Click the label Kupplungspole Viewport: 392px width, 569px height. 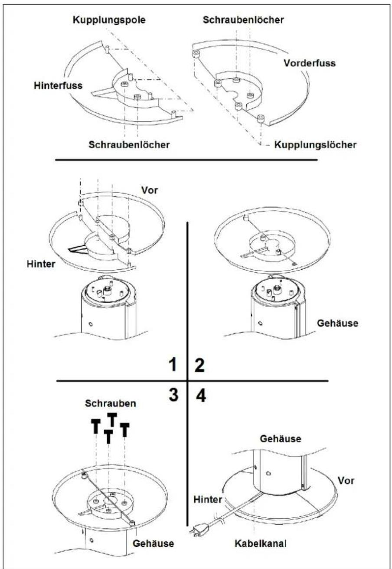(109, 20)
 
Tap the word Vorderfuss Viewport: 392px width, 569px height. (310, 63)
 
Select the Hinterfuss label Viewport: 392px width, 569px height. (58, 85)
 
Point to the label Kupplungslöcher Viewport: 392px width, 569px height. (315, 145)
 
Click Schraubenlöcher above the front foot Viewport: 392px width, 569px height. (243, 20)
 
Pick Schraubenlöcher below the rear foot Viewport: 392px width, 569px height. (129, 145)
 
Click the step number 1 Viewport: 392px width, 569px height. (173, 365)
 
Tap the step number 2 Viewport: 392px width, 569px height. (199, 365)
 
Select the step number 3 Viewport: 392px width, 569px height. (173, 395)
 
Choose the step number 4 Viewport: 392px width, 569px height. (201, 396)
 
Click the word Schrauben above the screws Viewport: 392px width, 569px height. (111, 403)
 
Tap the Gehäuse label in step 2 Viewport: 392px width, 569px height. (338, 324)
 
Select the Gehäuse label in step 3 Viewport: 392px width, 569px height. (153, 543)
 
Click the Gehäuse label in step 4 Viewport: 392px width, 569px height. (281, 439)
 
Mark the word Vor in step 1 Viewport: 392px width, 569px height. (149, 190)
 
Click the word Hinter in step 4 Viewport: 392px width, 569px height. (208, 500)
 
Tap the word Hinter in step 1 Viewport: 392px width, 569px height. (41, 264)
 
